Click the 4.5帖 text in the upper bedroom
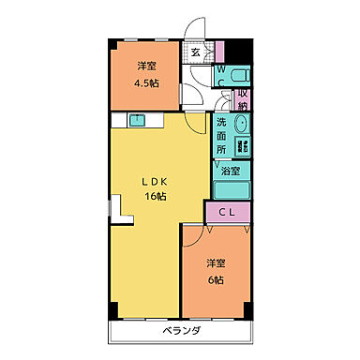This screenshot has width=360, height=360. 145,82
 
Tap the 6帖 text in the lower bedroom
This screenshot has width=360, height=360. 216,280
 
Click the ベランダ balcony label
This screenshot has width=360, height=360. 180,332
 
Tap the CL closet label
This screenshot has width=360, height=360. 228,213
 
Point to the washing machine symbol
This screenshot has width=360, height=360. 241,146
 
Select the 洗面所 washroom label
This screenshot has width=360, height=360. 221,135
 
